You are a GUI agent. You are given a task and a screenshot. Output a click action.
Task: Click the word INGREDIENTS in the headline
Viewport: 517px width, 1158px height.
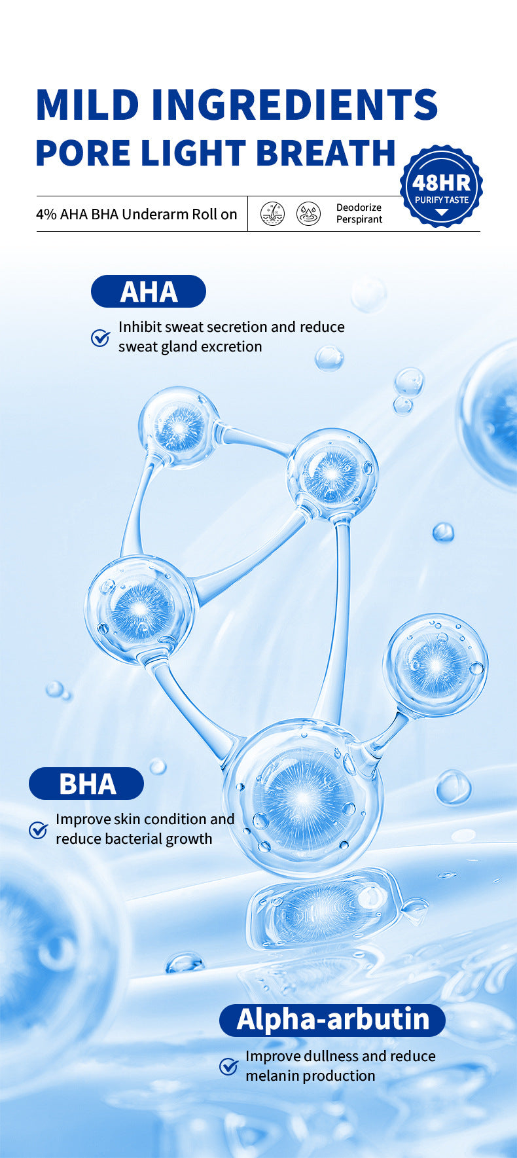295,105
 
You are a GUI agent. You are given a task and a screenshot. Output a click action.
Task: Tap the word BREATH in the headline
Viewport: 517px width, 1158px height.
326,153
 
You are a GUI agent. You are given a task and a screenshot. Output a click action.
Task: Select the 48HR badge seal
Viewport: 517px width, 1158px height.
442,187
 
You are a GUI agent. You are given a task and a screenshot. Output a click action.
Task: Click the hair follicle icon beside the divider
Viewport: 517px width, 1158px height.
273,214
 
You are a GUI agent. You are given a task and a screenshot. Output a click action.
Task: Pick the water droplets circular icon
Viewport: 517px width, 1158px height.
309,214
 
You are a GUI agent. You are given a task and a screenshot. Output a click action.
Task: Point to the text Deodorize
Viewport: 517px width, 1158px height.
359,208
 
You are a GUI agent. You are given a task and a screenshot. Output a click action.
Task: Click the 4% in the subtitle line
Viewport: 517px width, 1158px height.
46,214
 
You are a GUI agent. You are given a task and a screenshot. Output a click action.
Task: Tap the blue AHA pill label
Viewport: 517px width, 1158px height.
149,291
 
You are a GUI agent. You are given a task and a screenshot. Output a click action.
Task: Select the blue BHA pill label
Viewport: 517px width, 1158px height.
86,784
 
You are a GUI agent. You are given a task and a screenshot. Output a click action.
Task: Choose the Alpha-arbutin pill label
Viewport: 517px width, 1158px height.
332,1021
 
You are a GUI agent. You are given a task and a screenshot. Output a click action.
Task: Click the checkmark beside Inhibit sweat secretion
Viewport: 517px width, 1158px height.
100,338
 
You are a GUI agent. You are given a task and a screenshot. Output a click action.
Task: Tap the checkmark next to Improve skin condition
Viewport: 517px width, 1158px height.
39,830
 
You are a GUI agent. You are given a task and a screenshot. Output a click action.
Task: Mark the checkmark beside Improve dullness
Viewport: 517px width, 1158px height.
228,1067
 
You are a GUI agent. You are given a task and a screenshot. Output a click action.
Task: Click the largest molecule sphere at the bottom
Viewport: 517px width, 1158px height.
302,797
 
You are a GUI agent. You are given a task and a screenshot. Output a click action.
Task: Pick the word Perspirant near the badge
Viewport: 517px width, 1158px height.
359,219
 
